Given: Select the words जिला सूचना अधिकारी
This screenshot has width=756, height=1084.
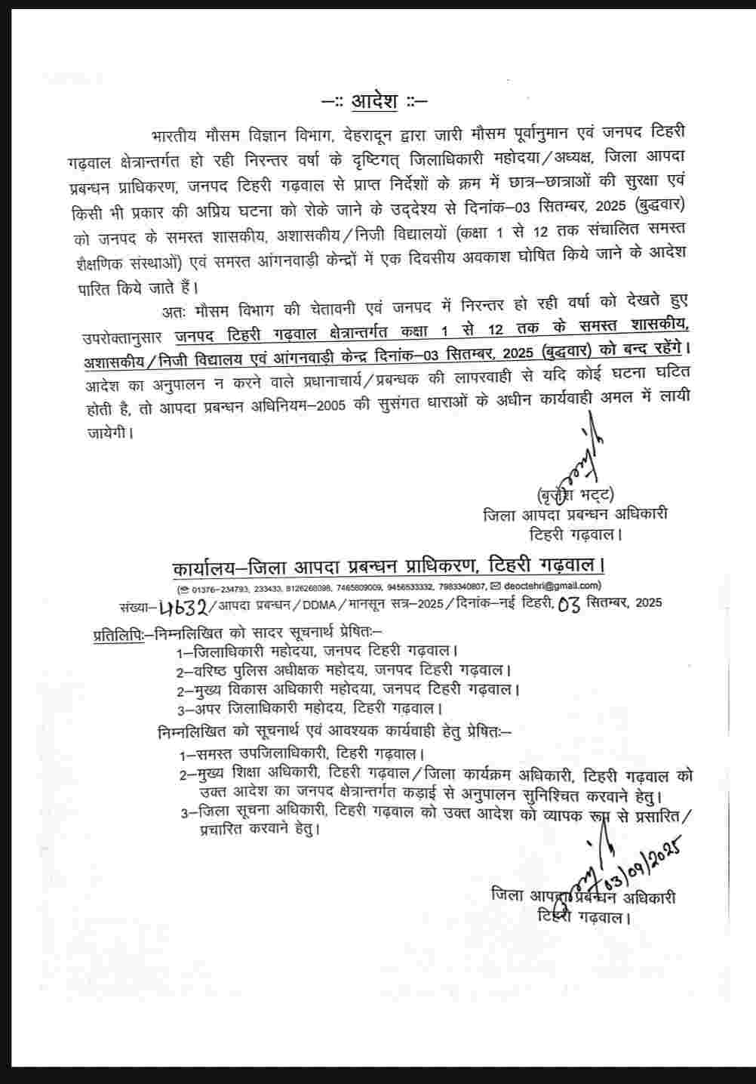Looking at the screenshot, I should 264,814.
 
